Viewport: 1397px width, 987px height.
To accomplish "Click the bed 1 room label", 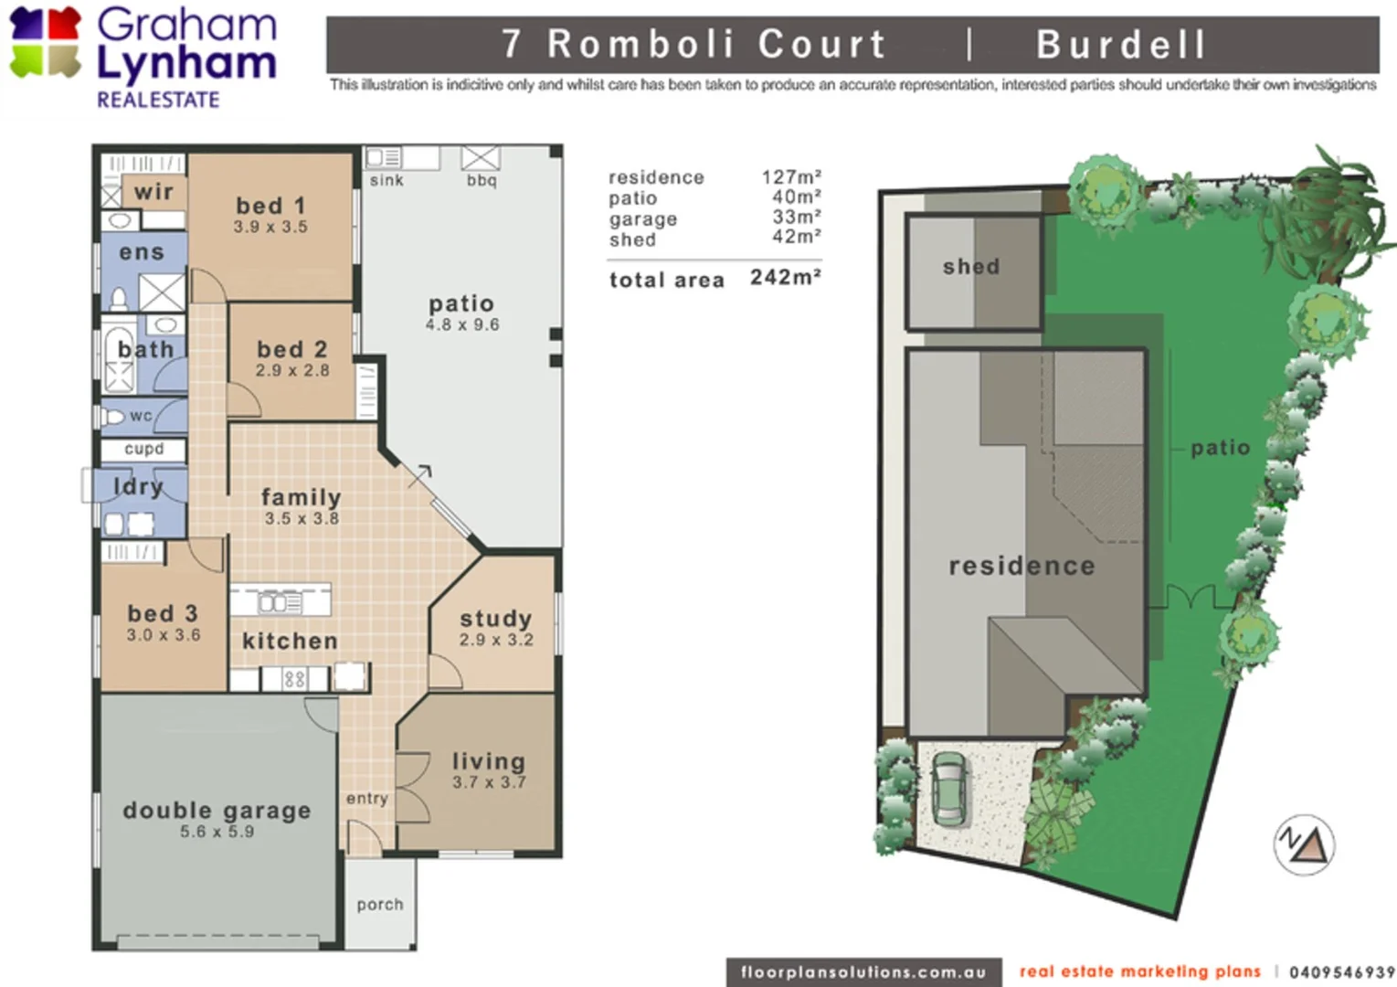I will (270, 206).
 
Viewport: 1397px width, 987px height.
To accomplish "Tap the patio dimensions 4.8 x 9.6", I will (461, 325).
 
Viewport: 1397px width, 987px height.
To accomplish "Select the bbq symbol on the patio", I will (481, 159).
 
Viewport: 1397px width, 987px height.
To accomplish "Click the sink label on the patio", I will (386, 180).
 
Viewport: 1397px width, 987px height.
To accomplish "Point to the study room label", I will (495, 619).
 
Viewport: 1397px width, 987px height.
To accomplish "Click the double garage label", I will (217, 810).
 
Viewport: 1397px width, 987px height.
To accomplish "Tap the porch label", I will (380, 904).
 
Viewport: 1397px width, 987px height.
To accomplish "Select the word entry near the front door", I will (367, 799).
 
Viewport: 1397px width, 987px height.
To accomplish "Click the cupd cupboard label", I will (143, 449).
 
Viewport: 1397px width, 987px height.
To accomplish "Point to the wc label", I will (141, 416).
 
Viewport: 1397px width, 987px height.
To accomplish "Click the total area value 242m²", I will (785, 278).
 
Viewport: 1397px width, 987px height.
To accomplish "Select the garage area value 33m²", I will (796, 218).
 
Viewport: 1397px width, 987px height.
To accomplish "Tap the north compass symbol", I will (1304, 844).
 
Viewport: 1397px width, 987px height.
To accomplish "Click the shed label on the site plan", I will (971, 267).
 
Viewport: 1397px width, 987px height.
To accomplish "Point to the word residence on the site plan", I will (1021, 567).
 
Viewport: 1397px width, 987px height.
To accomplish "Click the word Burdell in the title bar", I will (1121, 45).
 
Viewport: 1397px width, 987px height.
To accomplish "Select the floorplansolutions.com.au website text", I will (863, 972).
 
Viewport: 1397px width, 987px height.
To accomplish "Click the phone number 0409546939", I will (1341, 972).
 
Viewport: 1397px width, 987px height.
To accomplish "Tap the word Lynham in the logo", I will (186, 65).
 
